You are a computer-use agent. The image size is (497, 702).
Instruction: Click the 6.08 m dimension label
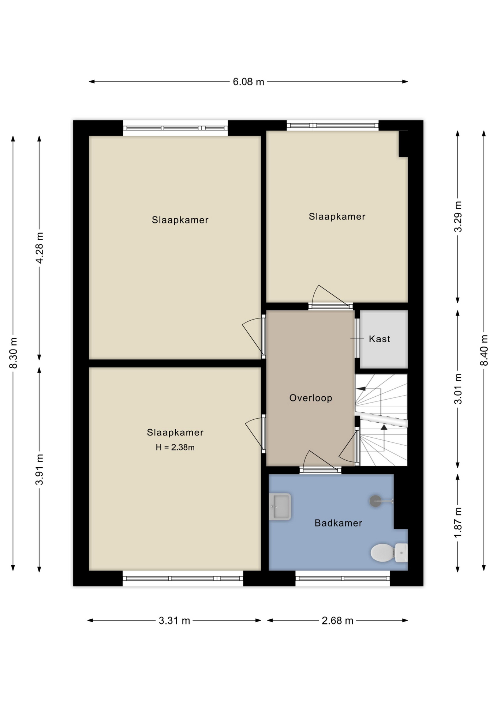(x=248, y=82)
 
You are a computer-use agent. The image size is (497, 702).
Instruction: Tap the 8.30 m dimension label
(x=13, y=353)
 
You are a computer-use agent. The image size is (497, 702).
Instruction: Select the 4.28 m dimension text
(x=39, y=248)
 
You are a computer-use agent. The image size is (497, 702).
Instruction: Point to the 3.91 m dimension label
(x=39, y=469)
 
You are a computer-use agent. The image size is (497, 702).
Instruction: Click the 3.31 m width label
(x=174, y=620)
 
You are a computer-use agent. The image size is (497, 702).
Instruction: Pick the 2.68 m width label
(x=337, y=620)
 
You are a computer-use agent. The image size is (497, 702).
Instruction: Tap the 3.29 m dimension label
(x=458, y=216)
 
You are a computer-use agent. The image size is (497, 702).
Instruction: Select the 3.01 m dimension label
(x=458, y=389)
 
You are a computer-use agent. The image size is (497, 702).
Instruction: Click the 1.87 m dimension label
(x=458, y=523)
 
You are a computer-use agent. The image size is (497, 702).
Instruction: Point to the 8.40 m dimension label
(x=484, y=350)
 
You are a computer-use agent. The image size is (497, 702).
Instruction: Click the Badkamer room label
(x=338, y=523)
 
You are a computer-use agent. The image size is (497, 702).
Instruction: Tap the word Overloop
(x=311, y=398)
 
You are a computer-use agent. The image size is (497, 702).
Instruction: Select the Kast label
(x=380, y=339)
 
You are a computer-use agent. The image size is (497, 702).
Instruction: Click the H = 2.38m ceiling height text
(x=175, y=447)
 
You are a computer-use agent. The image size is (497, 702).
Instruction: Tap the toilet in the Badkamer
(x=389, y=552)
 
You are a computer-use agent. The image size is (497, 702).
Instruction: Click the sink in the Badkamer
(x=280, y=507)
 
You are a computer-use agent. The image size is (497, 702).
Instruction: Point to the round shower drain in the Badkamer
(x=375, y=501)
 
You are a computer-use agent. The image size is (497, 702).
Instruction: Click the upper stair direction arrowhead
(x=361, y=389)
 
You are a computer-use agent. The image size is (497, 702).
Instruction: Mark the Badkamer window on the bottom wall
(x=343, y=578)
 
